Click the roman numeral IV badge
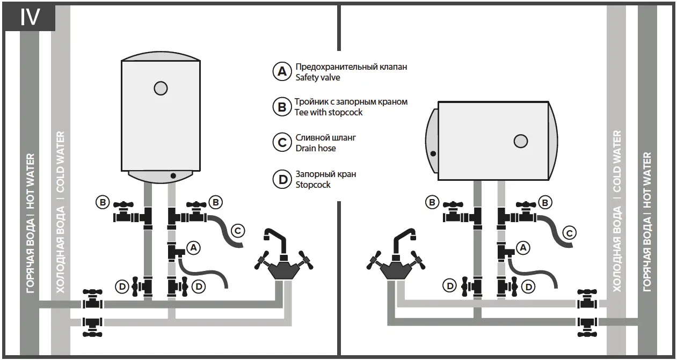click(30, 17)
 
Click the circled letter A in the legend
click(282, 72)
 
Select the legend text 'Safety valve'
click(318, 77)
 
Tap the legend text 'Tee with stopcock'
click(329, 112)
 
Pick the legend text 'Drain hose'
click(316, 148)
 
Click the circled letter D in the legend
click(282, 180)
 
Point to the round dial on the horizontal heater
click(521, 141)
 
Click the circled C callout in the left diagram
click(238, 231)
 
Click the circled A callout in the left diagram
click(193, 247)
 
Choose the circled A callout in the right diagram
click(522, 247)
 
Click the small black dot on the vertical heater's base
click(173, 175)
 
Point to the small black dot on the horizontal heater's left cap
click(433, 153)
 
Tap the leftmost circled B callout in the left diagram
click(102, 202)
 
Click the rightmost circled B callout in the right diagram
click(545, 202)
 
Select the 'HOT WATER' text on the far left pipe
click(30, 181)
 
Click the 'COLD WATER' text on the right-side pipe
click(617, 161)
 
